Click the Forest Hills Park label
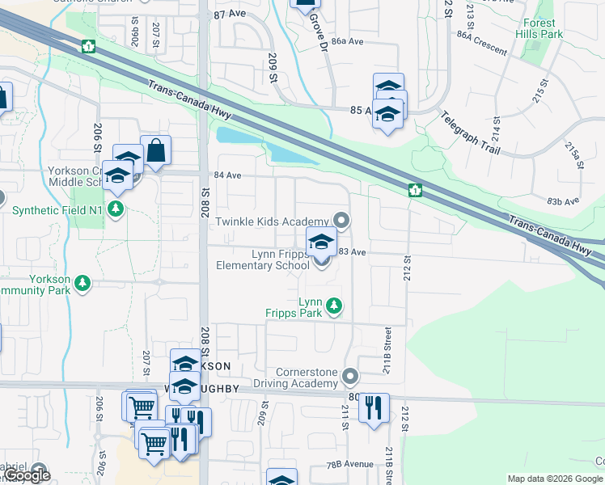541,29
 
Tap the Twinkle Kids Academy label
269,221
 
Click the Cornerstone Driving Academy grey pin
350,377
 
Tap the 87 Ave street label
230,15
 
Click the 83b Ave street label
564,201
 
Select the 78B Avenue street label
350,465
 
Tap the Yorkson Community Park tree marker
82,283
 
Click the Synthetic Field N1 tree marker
116,210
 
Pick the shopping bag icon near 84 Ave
155,150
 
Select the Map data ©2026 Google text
555,479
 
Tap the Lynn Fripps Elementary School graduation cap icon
321,241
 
